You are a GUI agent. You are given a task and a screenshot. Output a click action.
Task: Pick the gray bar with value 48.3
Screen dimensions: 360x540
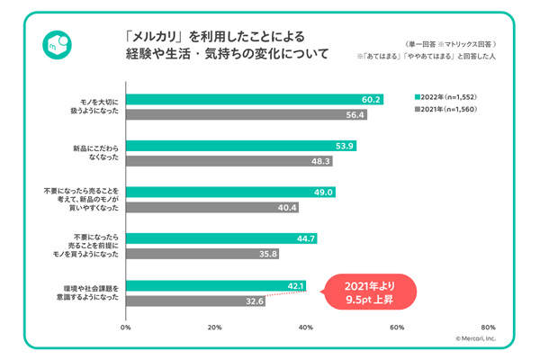[229, 161]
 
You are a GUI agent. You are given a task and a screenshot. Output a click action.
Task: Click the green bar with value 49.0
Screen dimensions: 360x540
[230, 192]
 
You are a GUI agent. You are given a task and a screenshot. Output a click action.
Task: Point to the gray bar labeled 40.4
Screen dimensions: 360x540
[211, 207]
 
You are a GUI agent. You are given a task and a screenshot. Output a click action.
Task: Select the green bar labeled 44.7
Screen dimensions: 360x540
[221, 238]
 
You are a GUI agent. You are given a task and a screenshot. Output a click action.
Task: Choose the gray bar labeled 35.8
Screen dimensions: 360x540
[202, 254]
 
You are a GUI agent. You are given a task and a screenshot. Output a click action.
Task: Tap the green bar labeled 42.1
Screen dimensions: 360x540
[216, 286]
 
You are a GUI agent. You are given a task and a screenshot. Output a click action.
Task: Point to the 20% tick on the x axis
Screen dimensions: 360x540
[215, 328]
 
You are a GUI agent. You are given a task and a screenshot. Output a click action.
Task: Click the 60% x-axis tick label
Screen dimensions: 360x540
[395, 328]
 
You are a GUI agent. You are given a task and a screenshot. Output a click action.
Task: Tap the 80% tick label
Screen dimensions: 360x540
[487, 328]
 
